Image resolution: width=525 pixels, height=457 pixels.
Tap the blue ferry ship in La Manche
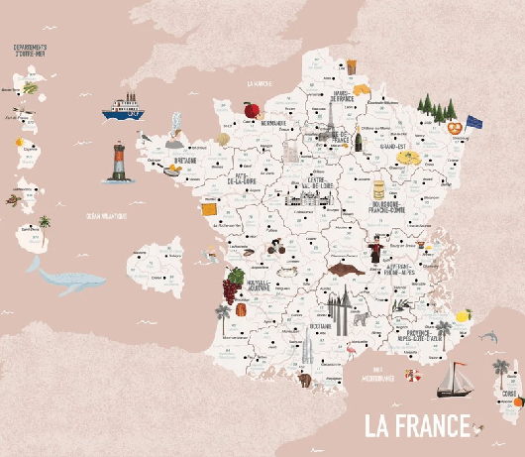[125, 106]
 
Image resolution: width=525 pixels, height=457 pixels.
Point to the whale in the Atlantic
[64, 277]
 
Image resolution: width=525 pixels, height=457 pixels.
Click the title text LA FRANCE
[416, 425]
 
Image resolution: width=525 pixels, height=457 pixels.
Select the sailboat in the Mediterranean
[456, 379]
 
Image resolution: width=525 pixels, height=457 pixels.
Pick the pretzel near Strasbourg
[454, 127]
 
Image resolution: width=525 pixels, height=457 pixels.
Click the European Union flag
[474, 122]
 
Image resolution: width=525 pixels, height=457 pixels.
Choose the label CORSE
[509, 395]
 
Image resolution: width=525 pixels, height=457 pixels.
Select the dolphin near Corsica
[486, 338]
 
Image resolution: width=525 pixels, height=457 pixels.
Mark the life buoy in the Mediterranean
[412, 376]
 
